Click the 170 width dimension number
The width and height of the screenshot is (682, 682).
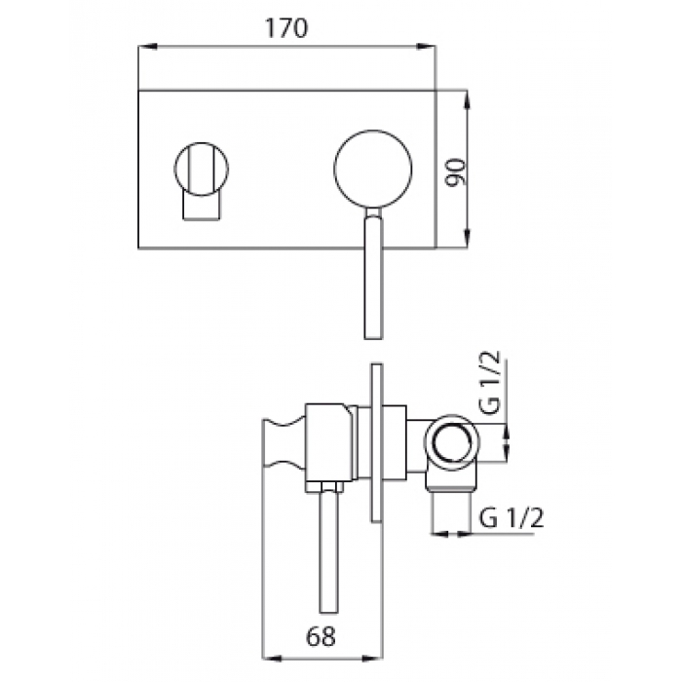tap(286, 28)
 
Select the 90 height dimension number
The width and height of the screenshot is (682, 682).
tap(457, 172)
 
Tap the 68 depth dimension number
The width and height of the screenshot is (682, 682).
tap(321, 637)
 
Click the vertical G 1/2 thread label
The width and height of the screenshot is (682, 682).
tap(489, 383)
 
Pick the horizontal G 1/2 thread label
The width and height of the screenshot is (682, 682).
tap(511, 518)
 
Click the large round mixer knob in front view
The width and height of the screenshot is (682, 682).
tap(373, 169)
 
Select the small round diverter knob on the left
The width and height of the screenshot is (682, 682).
tap(202, 169)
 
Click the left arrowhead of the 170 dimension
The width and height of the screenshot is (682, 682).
tap(147, 46)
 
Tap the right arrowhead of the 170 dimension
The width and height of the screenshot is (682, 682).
tap(427, 46)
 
